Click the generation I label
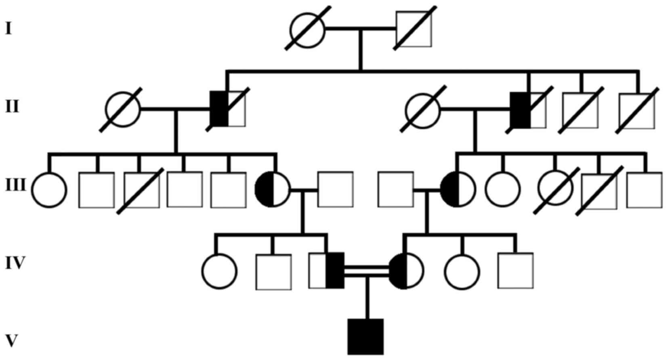[8, 29]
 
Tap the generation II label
[12, 107]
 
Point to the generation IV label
[15, 263]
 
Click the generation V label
[11, 341]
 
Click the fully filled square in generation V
[366, 337]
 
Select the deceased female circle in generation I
[307, 29]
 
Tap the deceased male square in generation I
[414, 29]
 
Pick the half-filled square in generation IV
[327, 270]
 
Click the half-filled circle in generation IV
[406, 271]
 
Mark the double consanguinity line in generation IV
[366, 270]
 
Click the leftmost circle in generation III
[49, 190]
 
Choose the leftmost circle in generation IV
[219, 271]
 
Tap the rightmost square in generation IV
[515, 271]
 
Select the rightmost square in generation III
[644, 190]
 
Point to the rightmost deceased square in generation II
[636, 111]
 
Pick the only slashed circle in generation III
[556, 188]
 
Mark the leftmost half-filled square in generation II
[228, 109]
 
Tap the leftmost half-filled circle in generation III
[273, 189]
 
